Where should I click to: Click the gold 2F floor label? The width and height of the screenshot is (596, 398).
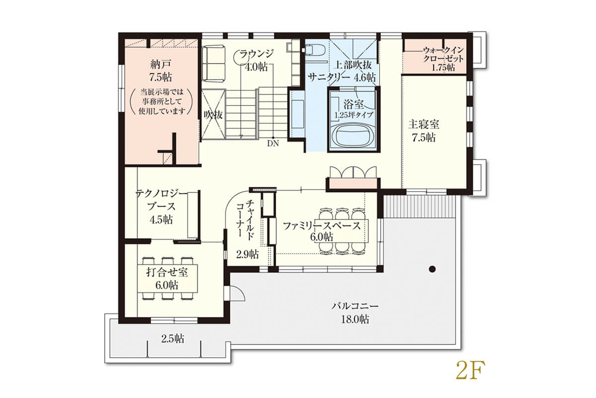pos(470,370)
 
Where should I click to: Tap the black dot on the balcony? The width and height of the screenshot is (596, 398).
pos(433,269)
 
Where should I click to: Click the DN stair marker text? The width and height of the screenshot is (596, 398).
pos(273,144)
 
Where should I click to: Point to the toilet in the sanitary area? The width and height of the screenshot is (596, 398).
pos(316,50)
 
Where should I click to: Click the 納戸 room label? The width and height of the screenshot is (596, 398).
pos(160,64)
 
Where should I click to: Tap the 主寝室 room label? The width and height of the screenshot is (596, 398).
pos(424,125)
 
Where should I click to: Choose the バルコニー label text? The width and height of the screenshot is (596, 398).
pos(355,306)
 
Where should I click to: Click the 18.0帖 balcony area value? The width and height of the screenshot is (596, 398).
pos(355,319)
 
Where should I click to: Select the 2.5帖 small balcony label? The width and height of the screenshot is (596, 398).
pos(173,339)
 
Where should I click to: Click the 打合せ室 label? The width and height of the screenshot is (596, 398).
pos(167,272)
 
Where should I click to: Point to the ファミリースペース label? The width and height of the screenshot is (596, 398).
pos(322,226)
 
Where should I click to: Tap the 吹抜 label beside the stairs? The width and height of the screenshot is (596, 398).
pos(213,114)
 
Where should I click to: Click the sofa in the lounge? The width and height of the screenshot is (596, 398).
pos(213,64)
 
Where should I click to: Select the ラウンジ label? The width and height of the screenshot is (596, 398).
pos(256,54)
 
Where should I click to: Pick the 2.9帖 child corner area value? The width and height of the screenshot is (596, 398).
pos(247,254)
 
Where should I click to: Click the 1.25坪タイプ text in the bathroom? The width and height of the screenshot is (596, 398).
pos(354,115)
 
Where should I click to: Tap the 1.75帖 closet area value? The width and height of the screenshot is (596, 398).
pos(443,68)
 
